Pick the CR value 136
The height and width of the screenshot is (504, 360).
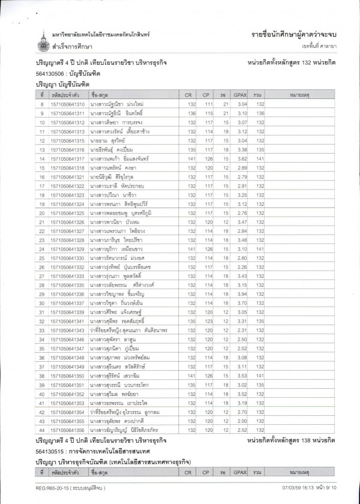pos(189,113)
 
